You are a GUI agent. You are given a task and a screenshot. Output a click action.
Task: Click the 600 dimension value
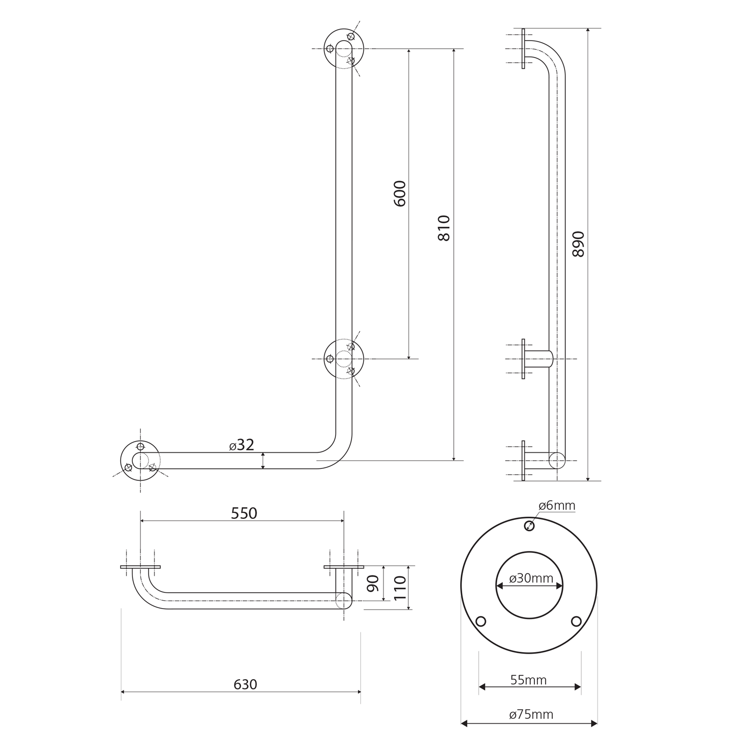[x=400, y=194]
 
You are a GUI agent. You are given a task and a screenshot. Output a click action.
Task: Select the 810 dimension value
[x=444, y=228]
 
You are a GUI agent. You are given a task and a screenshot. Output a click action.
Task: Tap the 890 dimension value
[x=579, y=244]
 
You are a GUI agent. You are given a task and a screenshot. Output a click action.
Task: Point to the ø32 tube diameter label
[x=242, y=445]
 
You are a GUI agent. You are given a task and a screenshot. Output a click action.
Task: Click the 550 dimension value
[x=244, y=513]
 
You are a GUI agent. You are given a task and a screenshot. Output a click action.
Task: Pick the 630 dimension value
[x=245, y=684]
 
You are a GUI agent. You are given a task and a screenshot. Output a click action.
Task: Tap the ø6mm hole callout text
[x=557, y=505]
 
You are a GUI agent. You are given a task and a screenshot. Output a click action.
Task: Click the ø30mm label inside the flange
[x=531, y=579]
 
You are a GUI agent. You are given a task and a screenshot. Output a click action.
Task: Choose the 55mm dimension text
[x=528, y=680]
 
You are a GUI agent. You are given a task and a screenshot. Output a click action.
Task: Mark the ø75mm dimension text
[x=531, y=714]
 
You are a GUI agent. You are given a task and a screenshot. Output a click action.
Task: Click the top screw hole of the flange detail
[x=529, y=525]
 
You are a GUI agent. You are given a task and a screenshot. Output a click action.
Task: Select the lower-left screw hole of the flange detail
[x=481, y=622]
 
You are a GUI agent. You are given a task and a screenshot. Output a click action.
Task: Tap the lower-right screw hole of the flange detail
[x=577, y=622]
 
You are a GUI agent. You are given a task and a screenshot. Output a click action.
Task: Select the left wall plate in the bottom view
[x=140, y=567]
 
